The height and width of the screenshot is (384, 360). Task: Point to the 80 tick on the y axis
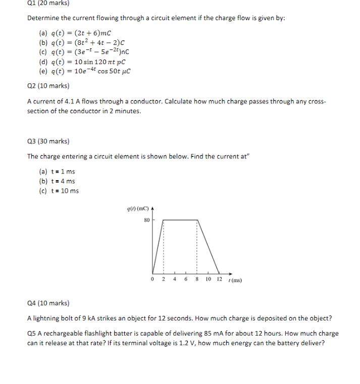tap(146, 220)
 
